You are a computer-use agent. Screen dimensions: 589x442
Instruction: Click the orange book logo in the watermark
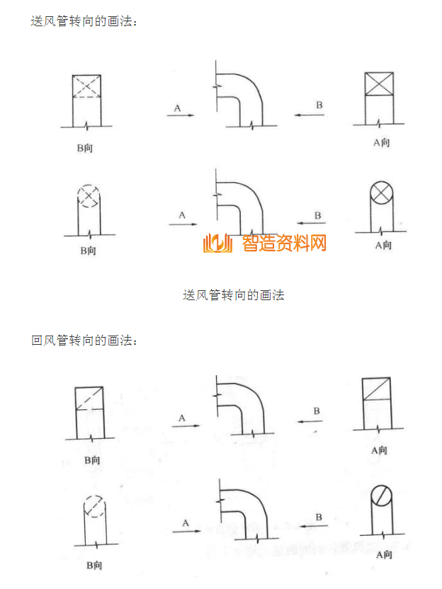[x=217, y=244]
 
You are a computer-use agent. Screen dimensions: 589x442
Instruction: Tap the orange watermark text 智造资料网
[x=284, y=244]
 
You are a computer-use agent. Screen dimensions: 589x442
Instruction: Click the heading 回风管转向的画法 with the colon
[x=84, y=341]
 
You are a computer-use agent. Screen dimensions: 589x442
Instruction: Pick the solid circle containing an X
[x=383, y=193]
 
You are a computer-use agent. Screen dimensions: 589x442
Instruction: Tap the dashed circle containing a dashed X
[x=89, y=195]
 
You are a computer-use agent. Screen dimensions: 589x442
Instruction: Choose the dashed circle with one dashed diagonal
[x=95, y=505]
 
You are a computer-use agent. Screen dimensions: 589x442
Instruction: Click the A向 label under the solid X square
[x=381, y=143]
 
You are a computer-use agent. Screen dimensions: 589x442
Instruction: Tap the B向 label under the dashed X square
[x=85, y=148]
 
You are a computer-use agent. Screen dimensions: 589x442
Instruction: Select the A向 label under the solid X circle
[x=382, y=246]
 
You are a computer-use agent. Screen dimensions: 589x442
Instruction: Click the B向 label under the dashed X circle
[x=88, y=251]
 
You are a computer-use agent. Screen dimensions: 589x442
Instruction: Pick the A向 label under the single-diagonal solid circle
[x=383, y=555]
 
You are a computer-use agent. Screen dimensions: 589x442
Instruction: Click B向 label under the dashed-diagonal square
[x=92, y=460]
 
